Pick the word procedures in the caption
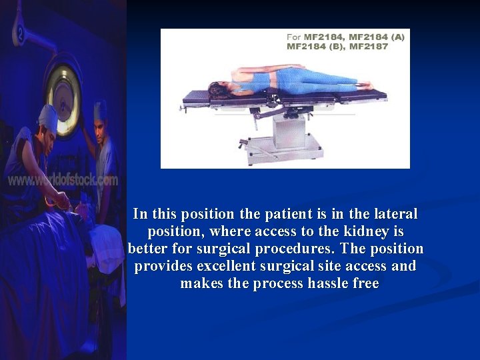[298, 249]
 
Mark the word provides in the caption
[162, 267]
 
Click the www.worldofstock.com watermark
[63, 180]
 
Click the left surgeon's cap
[48, 117]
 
